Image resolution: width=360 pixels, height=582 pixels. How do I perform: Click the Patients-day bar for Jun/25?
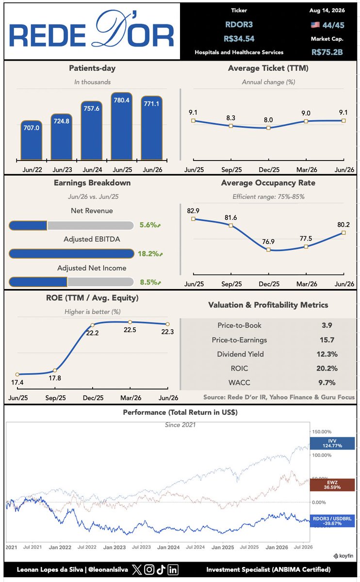[121, 126]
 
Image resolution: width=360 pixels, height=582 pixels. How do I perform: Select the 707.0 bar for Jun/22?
[32, 140]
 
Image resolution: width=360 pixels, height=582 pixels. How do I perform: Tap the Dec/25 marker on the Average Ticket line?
[268, 128]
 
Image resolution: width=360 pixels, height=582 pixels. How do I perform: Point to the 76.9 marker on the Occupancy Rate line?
[268, 250]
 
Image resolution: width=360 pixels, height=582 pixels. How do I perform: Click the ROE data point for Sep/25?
[55, 370]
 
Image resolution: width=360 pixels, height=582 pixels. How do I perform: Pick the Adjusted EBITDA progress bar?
[71, 254]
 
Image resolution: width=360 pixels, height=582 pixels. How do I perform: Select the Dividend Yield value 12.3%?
[327, 354]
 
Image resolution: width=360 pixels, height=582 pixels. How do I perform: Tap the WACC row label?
[239, 383]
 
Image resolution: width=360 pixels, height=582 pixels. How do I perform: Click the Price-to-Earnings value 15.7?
[327, 340]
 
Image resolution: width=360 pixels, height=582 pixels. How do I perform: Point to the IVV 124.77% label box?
[332, 443]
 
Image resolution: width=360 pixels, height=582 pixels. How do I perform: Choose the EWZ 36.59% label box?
[332, 485]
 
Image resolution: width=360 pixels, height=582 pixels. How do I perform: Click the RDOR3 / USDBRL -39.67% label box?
[332, 521]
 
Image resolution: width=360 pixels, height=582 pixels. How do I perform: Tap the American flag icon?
[315, 25]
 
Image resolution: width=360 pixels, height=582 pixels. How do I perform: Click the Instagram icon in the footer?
[149, 569]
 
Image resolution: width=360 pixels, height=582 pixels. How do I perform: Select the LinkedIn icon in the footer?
[173, 569]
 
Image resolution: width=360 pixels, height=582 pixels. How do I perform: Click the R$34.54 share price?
[239, 39]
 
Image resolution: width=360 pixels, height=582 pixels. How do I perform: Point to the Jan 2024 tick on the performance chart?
[168, 547]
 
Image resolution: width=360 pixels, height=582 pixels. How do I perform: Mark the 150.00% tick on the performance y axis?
[322, 432]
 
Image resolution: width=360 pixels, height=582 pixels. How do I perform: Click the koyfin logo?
[343, 556]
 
